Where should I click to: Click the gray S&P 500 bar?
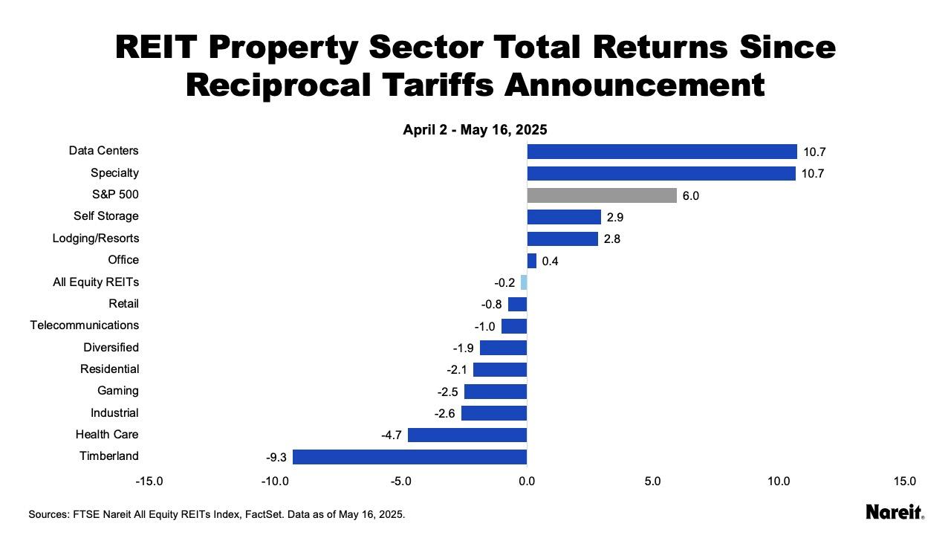[602, 195]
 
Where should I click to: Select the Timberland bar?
[409, 457]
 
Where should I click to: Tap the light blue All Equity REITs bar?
[524, 282]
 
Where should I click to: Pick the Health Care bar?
[467, 435]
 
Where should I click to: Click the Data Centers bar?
[662, 152]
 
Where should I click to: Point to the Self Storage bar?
[564, 217]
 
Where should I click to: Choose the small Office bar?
[532, 261]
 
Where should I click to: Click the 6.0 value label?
[690, 196]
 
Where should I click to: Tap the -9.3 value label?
[276, 458]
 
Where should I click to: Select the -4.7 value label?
[392, 435]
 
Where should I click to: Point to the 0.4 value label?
[550, 262]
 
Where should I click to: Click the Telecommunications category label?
[84, 325]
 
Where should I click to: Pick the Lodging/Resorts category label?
[95, 239]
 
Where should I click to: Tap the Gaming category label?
[117, 391]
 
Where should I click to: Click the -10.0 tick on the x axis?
[275, 481]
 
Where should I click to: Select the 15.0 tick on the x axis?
[904, 481]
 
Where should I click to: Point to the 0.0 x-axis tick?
[527, 481]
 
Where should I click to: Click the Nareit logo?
[895, 512]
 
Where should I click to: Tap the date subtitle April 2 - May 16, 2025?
[475, 130]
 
